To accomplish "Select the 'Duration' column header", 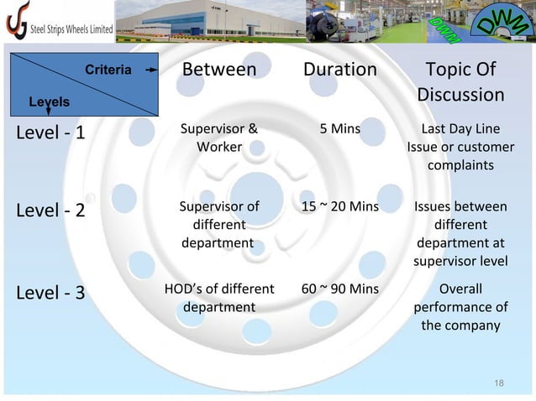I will [339, 70].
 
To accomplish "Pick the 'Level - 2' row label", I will [50, 210].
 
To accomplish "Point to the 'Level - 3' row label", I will [50, 293].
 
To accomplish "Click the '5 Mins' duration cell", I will [339, 129].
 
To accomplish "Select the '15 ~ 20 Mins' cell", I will [339, 206].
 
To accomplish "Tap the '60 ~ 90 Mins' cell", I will [339, 289].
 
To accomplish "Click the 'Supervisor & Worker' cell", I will [218, 138].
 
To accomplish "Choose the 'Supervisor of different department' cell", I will [218, 224].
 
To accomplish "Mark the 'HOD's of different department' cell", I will [218, 298].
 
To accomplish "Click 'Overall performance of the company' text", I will [460, 307].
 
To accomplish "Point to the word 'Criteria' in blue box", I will [108, 70].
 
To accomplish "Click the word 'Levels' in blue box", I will [50, 101].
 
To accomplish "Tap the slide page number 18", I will [499, 383].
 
